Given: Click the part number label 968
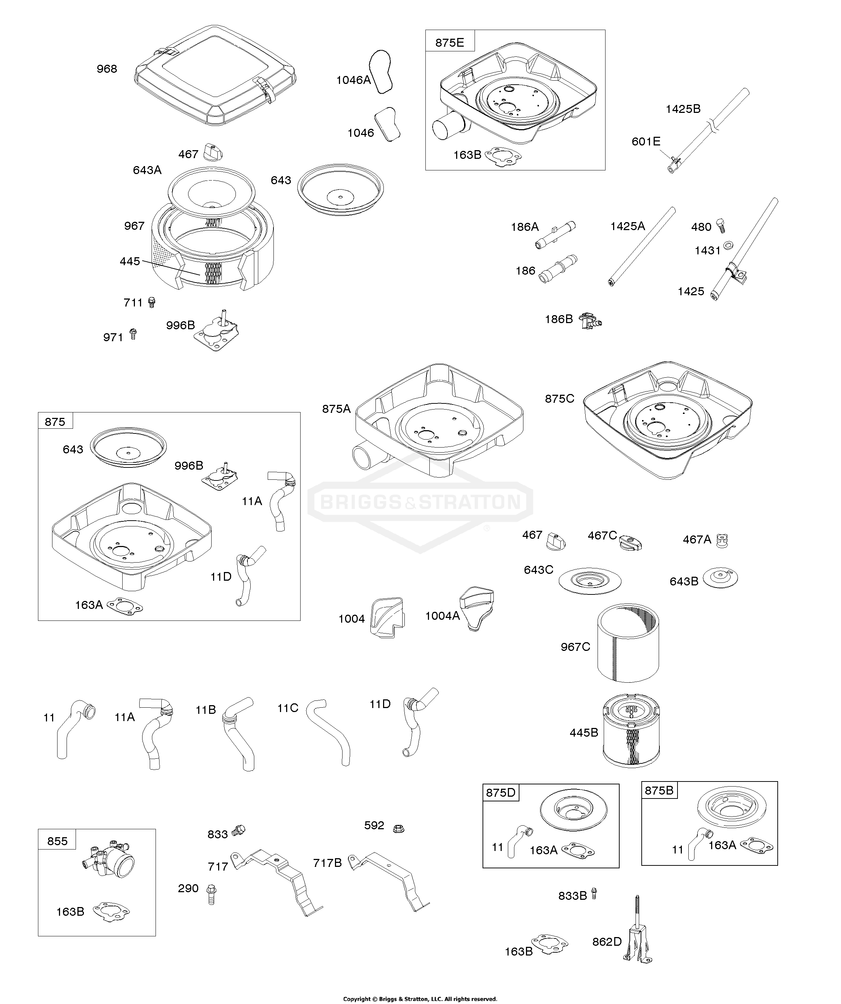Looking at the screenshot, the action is tap(107, 69).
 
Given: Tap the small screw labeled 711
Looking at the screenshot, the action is tap(152, 302).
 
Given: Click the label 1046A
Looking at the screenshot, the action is tap(353, 80).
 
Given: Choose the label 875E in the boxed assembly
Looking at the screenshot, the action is tap(449, 43).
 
